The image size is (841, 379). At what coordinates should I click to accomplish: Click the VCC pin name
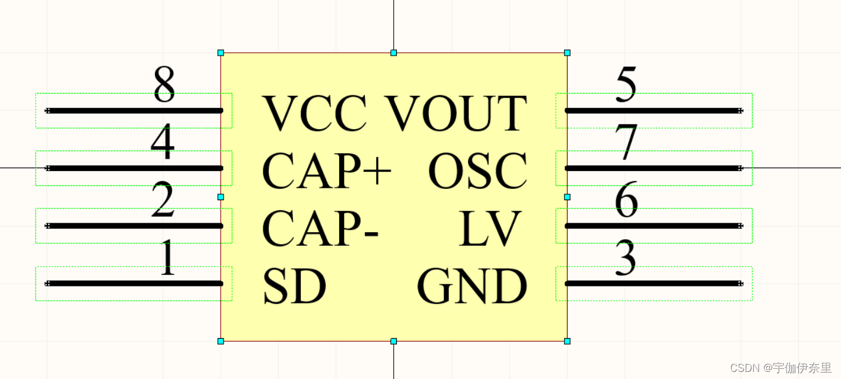click(x=314, y=113)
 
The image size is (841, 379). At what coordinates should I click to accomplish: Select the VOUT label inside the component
click(x=457, y=113)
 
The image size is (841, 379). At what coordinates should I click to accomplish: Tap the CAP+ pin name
click(x=326, y=171)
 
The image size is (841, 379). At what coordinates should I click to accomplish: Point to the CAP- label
click(x=320, y=229)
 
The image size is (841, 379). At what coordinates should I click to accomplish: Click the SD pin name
click(x=294, y=286)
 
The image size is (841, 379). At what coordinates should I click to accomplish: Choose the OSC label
click(x=477, y=171)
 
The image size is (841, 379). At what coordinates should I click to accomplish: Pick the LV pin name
click(x=490, y=229)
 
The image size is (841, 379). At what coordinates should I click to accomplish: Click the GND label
click(x=472, y=286)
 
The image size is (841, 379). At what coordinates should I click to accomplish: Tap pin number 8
click(x=164, y=85)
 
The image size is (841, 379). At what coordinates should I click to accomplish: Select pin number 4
click(x=163, y=143)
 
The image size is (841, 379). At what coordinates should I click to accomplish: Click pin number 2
click(x=163, y=200)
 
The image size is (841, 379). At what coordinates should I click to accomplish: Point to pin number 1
click(x=168, y=258)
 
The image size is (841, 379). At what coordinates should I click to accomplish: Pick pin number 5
click(x=626, y=85)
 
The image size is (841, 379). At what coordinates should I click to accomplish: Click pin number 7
click(x=626, y=143)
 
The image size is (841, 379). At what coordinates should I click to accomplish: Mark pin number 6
click(x=626, y=200)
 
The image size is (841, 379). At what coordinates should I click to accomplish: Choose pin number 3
click(x=626, y=258)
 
